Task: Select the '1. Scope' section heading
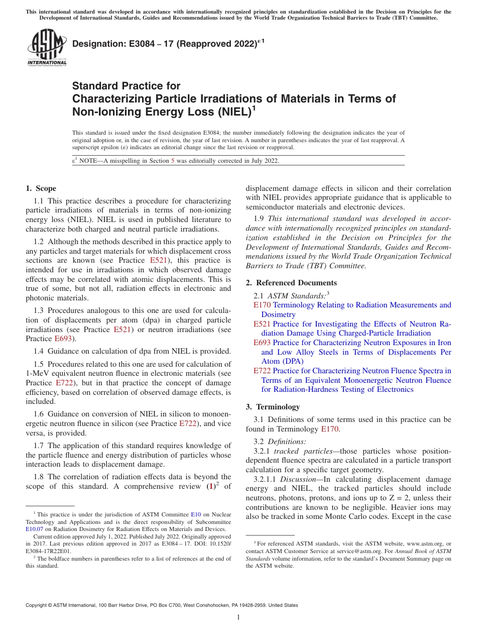pyautogui.click(x=41, y=188)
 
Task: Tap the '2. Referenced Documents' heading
pyautogui.click(x=291, y=282)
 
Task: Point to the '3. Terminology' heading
pyautogui.click(x=273, y=406)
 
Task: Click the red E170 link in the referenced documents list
pyautogui.click(x=262, y=305)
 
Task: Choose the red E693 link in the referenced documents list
pyautogui.click(x=262, y=343)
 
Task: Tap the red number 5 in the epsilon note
pyautogui.click(x=173, y=161)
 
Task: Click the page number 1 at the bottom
pyautogui.click(x=238, y=617)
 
